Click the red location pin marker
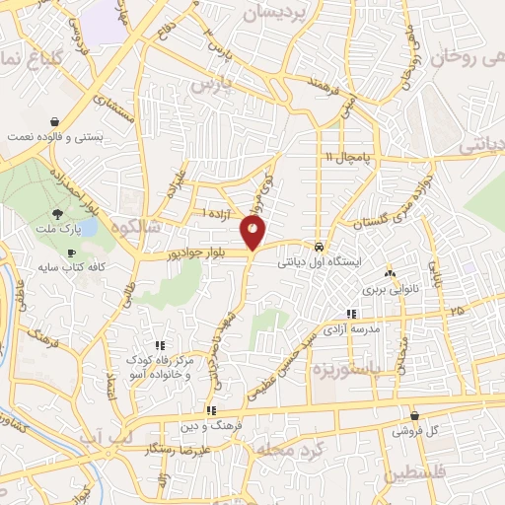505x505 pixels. point(253,234)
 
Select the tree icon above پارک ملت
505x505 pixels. point(59,213)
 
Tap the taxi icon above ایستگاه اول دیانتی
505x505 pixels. point(320,246)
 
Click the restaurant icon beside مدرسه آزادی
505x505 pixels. point(406,314)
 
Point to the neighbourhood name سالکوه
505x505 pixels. point(136,226)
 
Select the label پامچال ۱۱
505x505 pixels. point(346,157)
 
